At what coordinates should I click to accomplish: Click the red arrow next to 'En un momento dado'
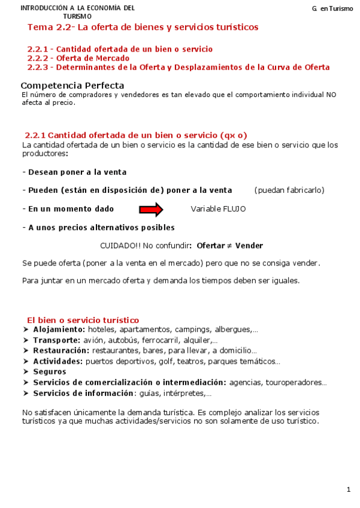click(151, 209)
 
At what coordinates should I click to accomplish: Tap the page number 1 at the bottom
click(349, 490)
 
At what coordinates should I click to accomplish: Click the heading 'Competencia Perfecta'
click(72, 86)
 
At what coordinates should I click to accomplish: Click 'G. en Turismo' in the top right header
click(332, 9)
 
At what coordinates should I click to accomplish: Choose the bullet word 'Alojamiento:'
click(59, 329)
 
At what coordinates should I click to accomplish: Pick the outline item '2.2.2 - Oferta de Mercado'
click(78, 58)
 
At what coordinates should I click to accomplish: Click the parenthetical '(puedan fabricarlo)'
click(289, 190)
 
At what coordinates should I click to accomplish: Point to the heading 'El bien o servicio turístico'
click(83, 320)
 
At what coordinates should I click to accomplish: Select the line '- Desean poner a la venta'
click(74, 172)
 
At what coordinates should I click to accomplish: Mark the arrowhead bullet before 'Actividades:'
click(25, 361)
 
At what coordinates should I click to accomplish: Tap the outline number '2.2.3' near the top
click(38, 68)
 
